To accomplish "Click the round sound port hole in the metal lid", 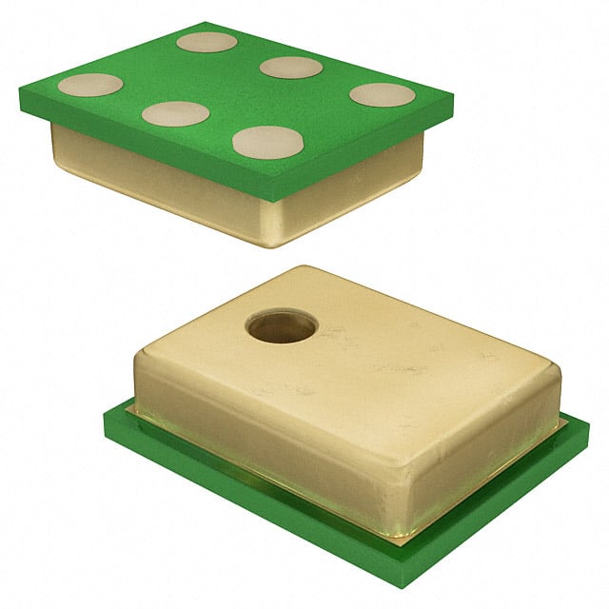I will tap(282, 327).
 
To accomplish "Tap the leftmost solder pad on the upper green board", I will tap(90, 85).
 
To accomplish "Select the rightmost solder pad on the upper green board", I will tap(382, 94).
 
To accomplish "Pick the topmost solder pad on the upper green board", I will tap(206, 41).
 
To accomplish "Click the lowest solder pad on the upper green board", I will tap(267, 142).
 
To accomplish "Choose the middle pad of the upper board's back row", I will tap(291, 67).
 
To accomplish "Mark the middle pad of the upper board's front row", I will tap(175, 113).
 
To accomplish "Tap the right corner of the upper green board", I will tap(452, 98).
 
